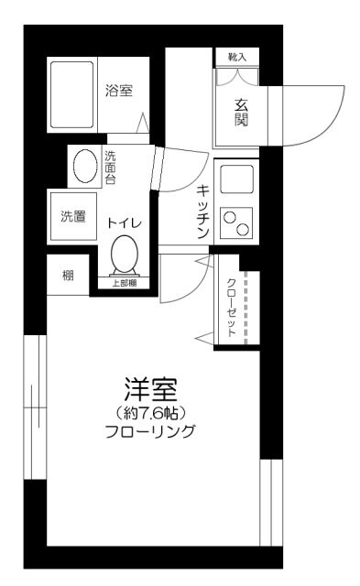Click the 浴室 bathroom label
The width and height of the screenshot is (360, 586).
point(119,91)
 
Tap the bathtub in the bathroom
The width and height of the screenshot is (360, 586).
point(71,95)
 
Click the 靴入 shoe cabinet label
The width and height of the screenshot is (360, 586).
point(236,57)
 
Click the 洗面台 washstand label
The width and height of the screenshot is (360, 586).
point(110,168)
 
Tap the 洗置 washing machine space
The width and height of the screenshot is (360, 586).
point(72,217)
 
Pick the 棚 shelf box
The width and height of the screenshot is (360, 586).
point(69,276)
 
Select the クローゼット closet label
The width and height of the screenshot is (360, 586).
point(231,307)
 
